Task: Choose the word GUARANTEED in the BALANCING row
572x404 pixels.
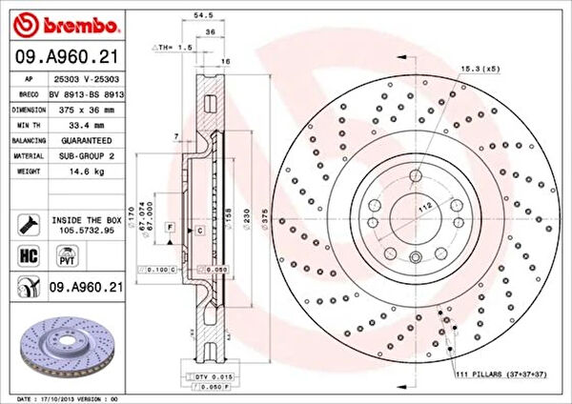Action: [76, 139]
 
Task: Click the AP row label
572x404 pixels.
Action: [29, 80]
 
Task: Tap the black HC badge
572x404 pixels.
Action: [29, 256]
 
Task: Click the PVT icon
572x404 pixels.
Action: [68, 256]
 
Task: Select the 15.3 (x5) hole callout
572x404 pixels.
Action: [480, 70]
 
